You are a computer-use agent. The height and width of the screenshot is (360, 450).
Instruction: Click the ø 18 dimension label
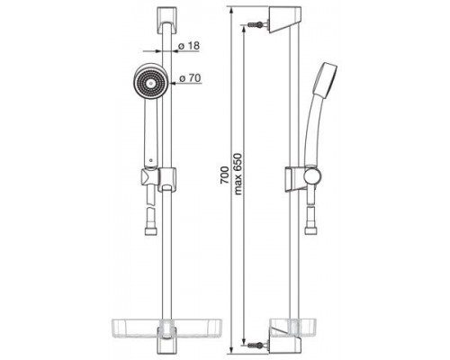pyautogui.click(x=189, y=46)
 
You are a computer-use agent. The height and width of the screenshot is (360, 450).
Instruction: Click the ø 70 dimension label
pyautogui.click(x=190, y=78)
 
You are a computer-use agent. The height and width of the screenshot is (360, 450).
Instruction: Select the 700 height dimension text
pyautogui.click(x=224, y=175)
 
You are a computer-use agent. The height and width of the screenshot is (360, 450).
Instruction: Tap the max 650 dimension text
pyautogui.click(x=238, y=174)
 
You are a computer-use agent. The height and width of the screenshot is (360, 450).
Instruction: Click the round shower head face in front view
pyautogui.click(x=148, y=82)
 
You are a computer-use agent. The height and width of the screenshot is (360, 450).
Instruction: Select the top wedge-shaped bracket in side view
pyautogui.click(x=284, y=20)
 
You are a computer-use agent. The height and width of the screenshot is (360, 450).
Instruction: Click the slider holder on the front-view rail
pyautogui.click(x=167, y=179)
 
